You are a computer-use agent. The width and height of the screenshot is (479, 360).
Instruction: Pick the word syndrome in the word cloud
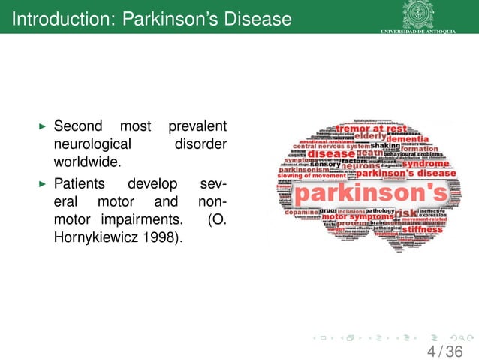(426, 162)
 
